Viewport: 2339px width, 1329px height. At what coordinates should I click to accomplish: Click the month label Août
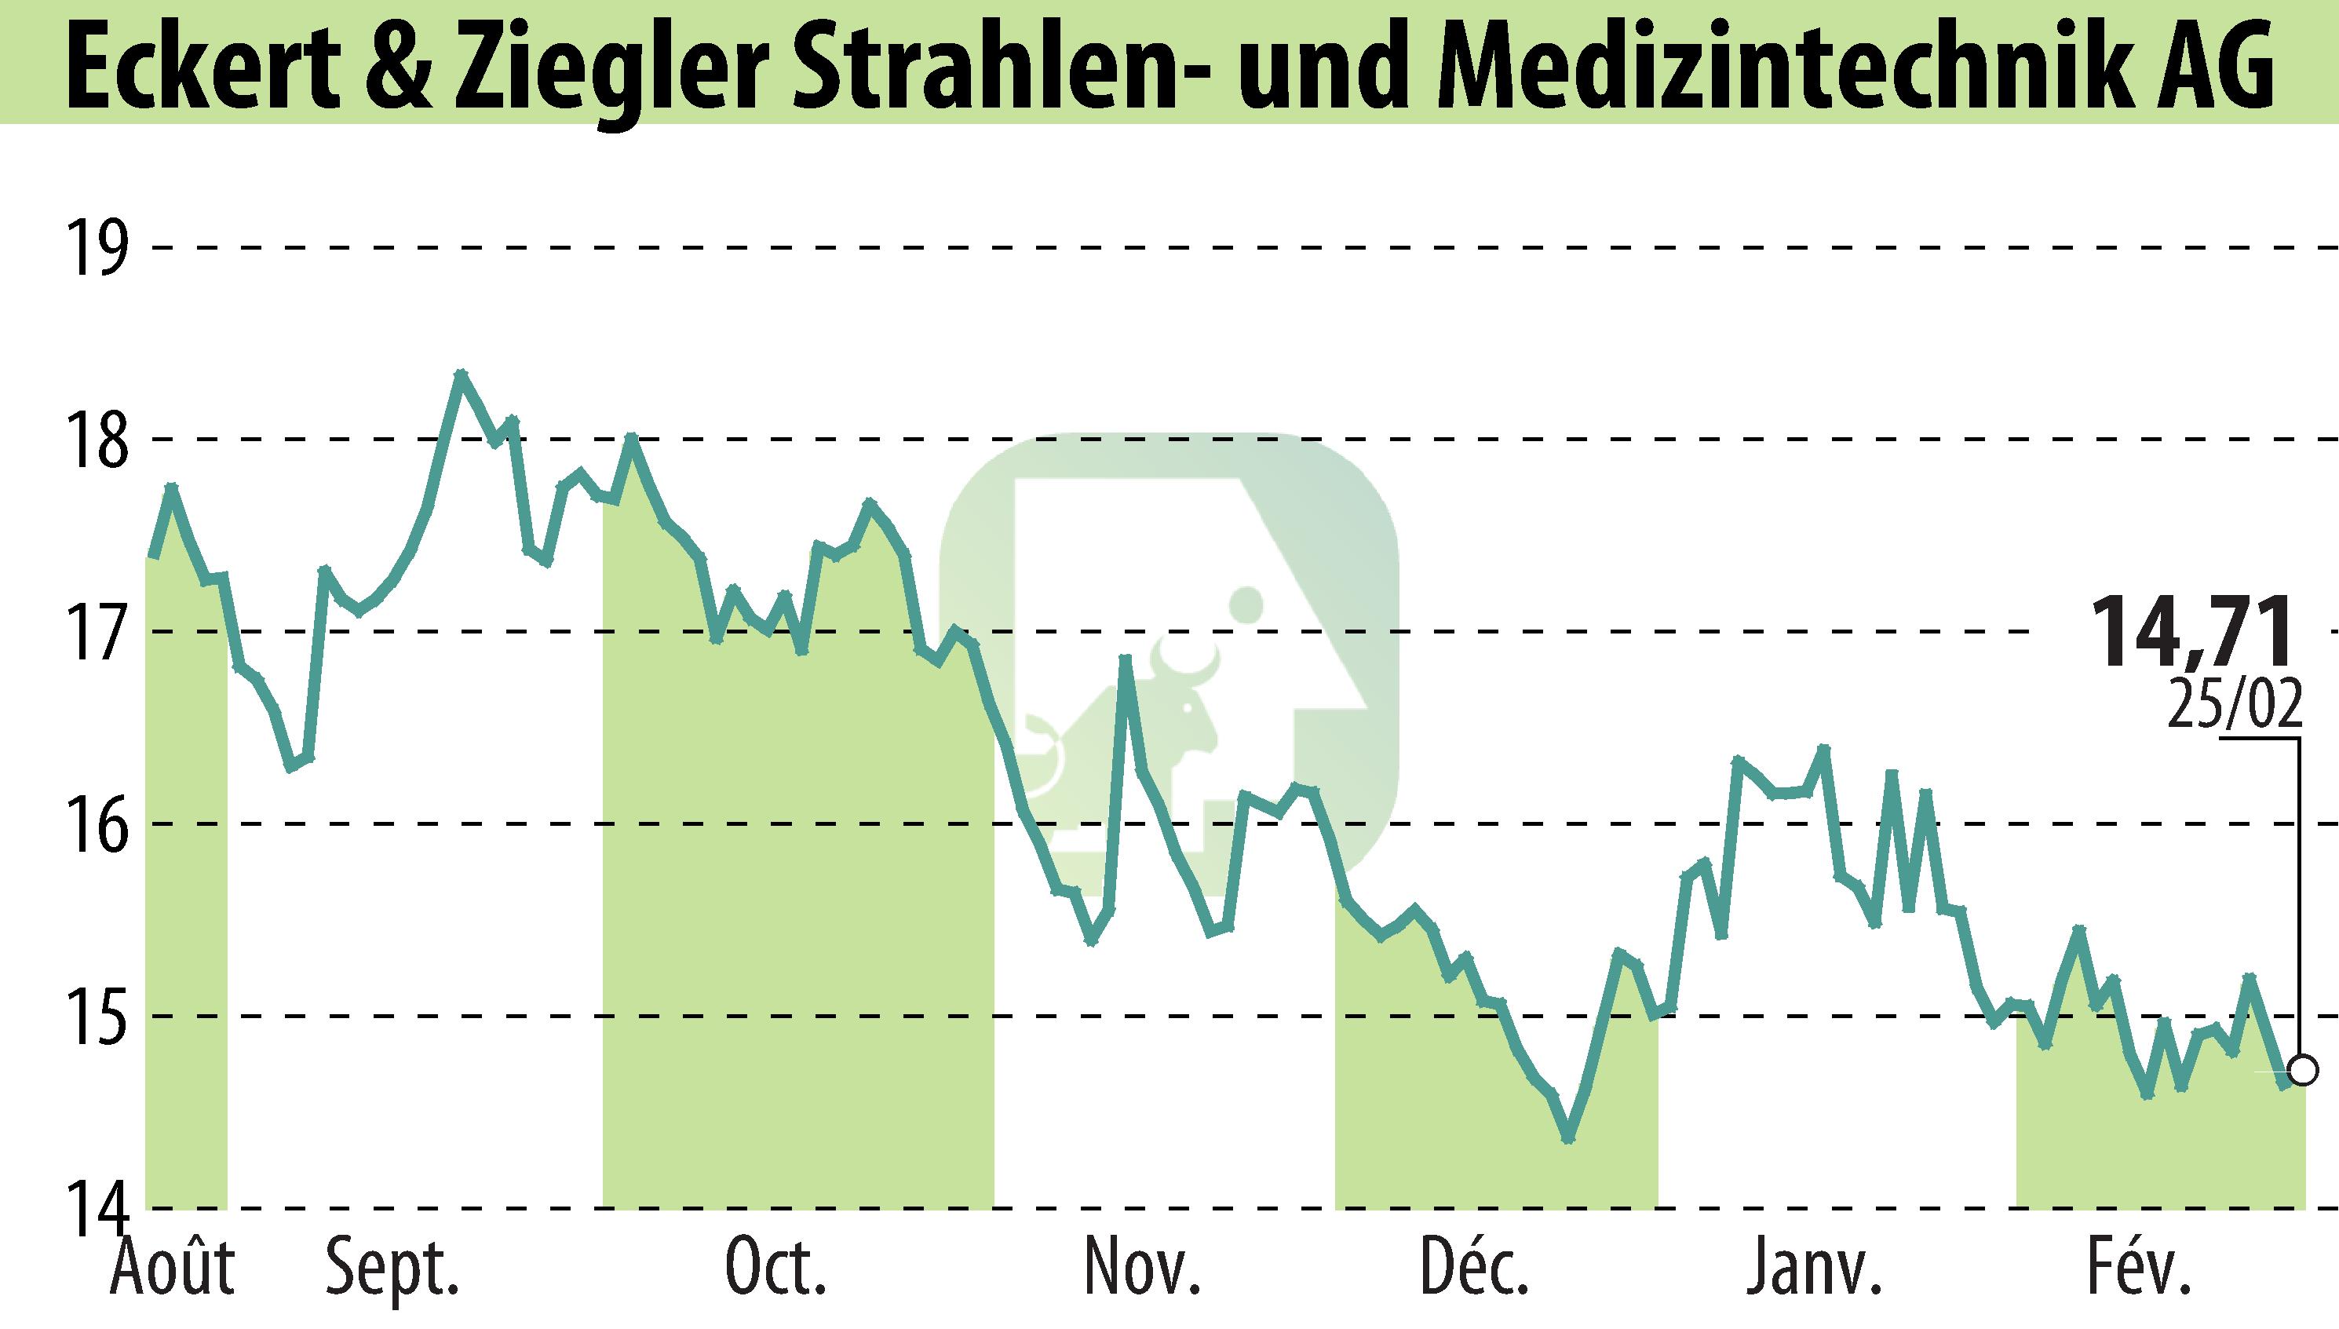(x=173, y=1269)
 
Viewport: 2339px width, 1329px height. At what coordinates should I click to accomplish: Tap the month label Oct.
(x=775, y=1269)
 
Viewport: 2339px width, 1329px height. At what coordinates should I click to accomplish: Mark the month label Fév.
(x=2138, y=1269)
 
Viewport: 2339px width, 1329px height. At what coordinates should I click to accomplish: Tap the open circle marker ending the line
(x=2304, y=1069)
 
